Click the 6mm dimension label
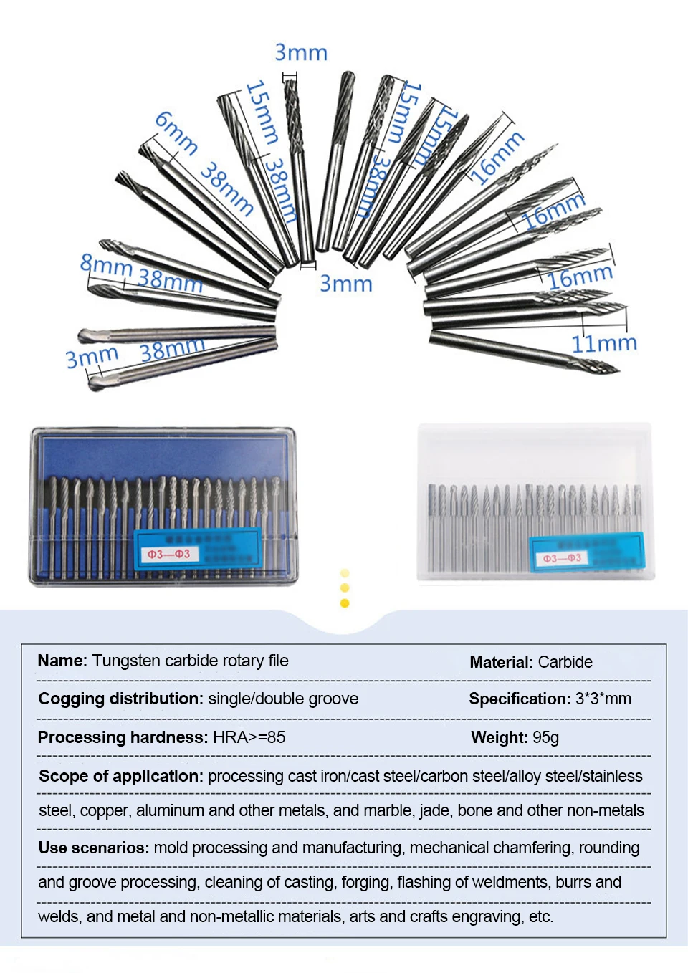(x=176, y=133)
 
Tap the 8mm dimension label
(x=105, y=265)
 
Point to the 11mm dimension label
(x=603, y=343)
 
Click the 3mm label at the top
(x=301, y=52)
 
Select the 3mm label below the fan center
(x=345, y=284)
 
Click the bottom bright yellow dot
(x=345, y=603)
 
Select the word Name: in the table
(x=62, y=661)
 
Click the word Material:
(x=501, y=662)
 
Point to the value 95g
(x=545, y=737)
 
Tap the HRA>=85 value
(x=249, y=737)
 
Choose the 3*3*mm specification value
(x=603, y=699)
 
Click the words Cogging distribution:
(x=120, y=699)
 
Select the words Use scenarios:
(x=94, y=848)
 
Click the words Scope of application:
(x=121, y=776)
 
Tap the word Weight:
(x=499, y=737)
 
